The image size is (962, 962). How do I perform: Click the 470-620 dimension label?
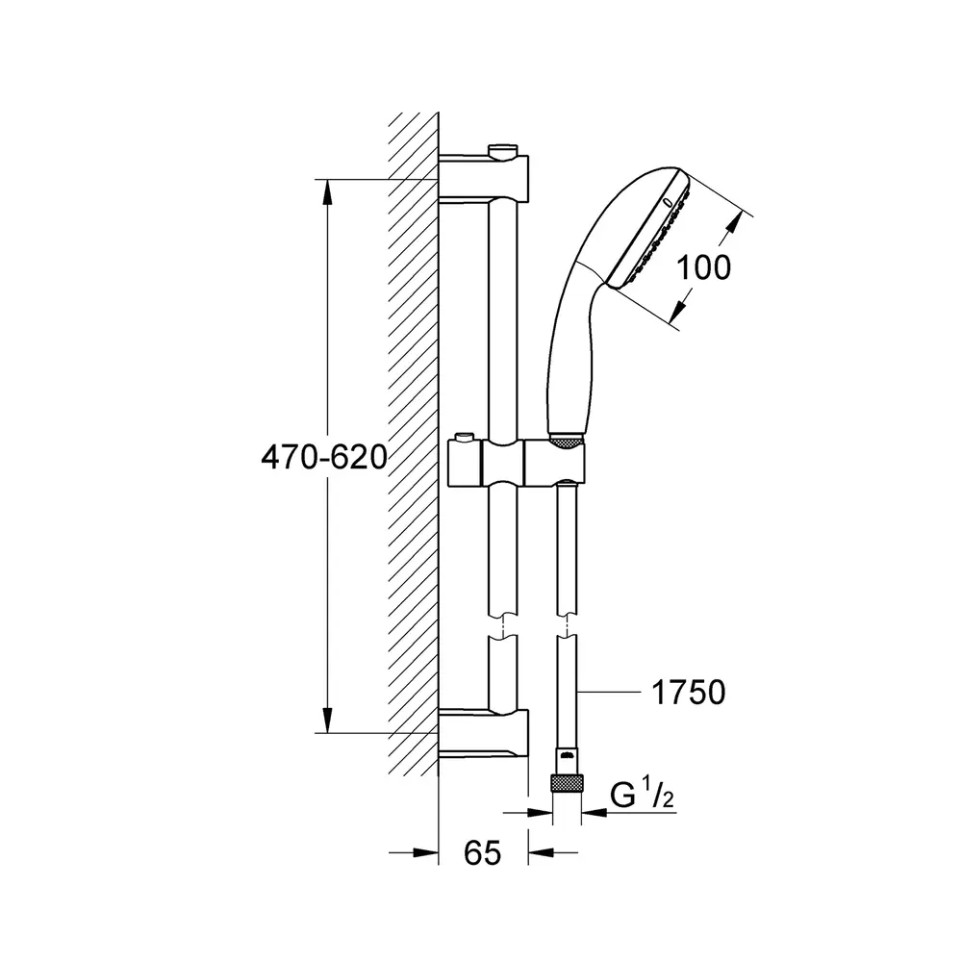pos(324,458)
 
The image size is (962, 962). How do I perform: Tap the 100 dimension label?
pos(703,268)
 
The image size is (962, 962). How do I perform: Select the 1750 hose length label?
pos(688,693)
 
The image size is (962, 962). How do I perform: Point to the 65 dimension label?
pos(482,853)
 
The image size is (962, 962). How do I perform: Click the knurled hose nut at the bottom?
pos(567,783)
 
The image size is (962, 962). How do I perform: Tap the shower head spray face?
pos(651,230)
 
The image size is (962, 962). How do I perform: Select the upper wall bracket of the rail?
pos(484,177)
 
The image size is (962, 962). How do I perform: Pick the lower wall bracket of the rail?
pos(484,733)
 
